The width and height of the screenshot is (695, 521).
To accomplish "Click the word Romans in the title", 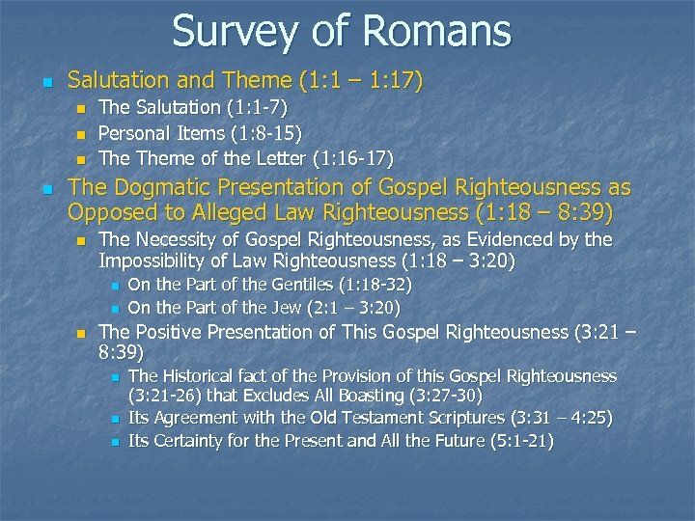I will [x=440, y=31].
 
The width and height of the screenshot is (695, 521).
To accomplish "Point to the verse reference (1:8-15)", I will [x=261, y=133].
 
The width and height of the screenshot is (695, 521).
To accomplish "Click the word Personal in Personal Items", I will [x=134, y=133].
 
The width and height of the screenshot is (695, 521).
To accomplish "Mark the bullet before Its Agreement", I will [x=113, y=420].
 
